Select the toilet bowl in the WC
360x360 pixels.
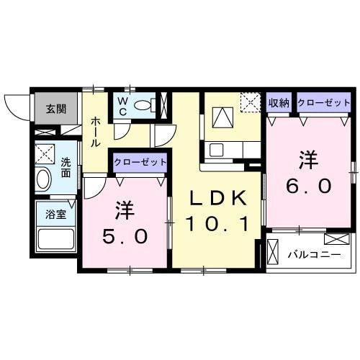point(143,106)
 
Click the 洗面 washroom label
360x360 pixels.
point(66,168)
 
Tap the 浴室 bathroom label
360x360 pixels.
point(53,214)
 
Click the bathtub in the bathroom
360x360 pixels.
point(55,238)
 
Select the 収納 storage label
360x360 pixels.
point(279,103)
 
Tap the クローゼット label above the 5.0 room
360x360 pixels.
point(140,163)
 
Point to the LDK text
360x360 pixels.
point(219,197)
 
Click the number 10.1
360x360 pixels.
point(219,225)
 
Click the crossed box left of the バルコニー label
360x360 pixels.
point(271,252)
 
